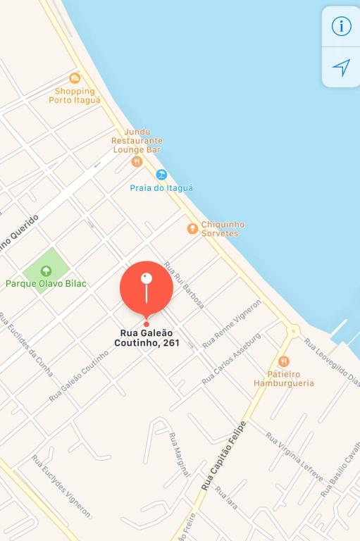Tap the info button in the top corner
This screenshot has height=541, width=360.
point(341,27)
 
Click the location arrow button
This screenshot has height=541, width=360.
point(341,68)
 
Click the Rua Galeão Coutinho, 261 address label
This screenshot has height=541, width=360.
point(147,337)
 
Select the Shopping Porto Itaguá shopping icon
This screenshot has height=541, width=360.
point(75,78)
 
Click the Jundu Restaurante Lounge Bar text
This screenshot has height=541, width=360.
point(137,141)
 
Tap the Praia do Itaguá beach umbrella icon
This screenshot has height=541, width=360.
point(161,175)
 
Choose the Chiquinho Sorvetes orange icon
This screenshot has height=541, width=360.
point(192,228)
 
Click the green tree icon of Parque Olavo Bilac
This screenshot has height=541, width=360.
point(46,270)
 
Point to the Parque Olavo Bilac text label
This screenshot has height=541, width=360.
point(46,284)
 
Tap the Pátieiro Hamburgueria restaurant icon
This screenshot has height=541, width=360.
point(284,361)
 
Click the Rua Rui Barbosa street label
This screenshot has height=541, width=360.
point(185,285)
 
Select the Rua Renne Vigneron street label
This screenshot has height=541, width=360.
point(232,323)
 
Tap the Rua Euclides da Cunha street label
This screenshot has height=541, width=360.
point(26,344)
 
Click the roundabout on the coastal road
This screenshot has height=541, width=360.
point(293,330)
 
